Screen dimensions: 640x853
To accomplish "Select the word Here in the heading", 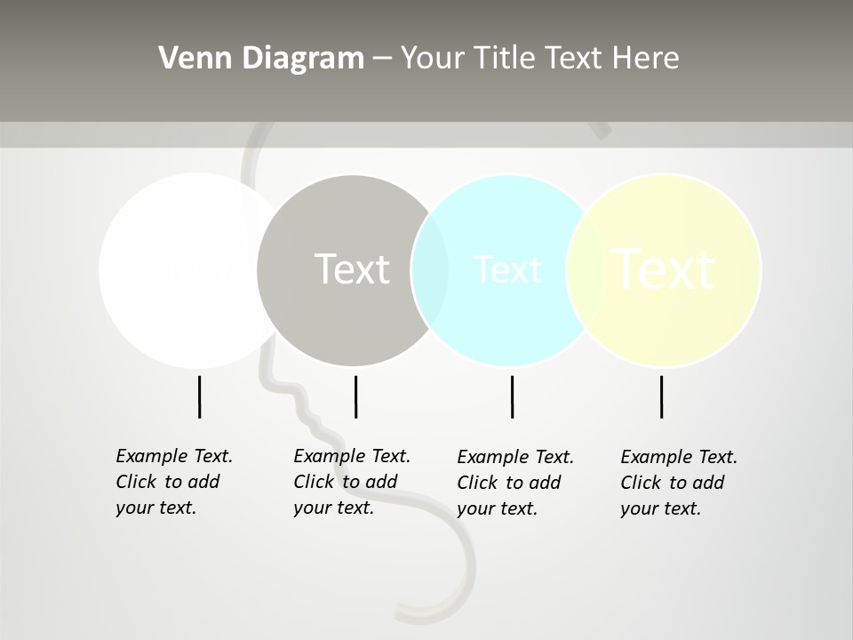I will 646,59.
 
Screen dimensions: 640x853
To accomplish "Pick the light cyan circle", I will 506,320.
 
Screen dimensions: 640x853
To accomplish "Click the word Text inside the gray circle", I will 352,269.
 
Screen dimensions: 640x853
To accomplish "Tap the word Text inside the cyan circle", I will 507,269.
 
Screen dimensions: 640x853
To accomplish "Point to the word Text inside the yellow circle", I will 664,269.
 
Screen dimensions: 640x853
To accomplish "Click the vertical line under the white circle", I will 199,396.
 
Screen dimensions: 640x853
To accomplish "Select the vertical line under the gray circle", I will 355,396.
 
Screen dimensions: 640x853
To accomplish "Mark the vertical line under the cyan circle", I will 512,396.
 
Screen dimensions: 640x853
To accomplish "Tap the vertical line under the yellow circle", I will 661,396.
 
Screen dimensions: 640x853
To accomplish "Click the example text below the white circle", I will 174,482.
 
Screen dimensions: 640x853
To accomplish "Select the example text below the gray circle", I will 352,482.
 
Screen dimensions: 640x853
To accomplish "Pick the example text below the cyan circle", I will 515,483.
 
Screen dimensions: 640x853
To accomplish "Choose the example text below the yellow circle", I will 679,483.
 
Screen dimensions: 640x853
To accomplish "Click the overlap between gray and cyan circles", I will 430,270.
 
